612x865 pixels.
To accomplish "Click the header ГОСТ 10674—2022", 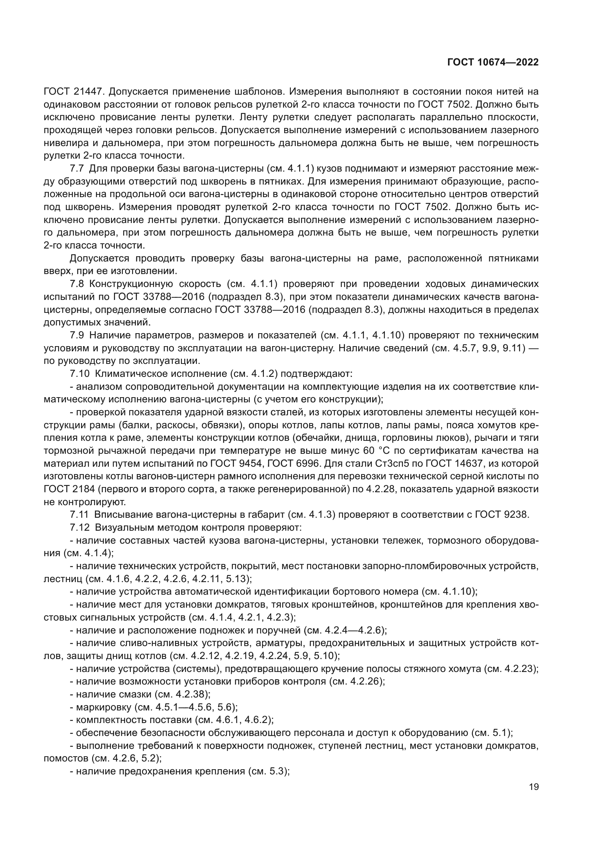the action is pyautogui.click(x=493, y=62).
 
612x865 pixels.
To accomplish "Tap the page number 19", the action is pyautogui.click(x=534, y=787).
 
